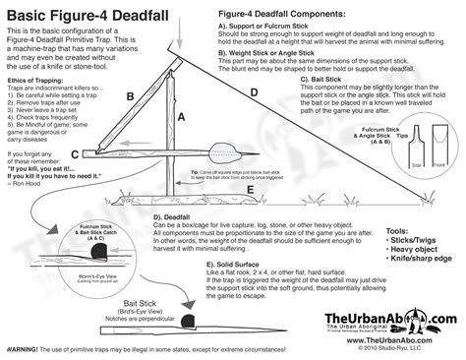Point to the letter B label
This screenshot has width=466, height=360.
(x=129, y=96)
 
